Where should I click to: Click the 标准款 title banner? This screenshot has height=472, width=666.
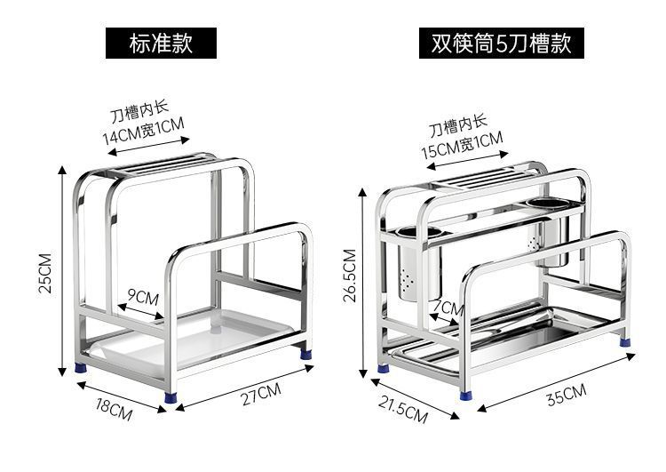[x=161, y=43]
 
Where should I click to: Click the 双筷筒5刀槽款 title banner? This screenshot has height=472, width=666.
[x=501, y=43]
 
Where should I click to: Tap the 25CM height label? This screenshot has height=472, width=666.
[x=45, y=273]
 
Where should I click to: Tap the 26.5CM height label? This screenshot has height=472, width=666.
[x=350, y=276]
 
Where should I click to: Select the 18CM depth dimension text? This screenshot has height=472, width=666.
[x=114, y=409]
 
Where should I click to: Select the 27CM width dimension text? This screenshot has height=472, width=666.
[x=261, y=394]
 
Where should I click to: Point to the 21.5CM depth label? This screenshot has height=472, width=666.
[x=402, y=410]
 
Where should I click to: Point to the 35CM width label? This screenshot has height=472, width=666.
[x=567, y=395]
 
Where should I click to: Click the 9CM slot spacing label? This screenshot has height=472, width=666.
[x=144, y=297]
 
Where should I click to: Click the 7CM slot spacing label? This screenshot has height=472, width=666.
[x=448, y=307]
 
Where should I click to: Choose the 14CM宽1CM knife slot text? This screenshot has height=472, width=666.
[x=143, y=131]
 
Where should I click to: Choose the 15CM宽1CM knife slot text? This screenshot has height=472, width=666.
[x=462, y=145]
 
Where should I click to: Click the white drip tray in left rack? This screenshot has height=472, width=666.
[x=191, y=340]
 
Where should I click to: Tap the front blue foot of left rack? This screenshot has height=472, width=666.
[x=170, y=397]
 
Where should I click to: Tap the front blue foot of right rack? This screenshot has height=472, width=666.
[x=466, y=396]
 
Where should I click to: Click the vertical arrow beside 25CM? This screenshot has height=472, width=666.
[x=62, y=271]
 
